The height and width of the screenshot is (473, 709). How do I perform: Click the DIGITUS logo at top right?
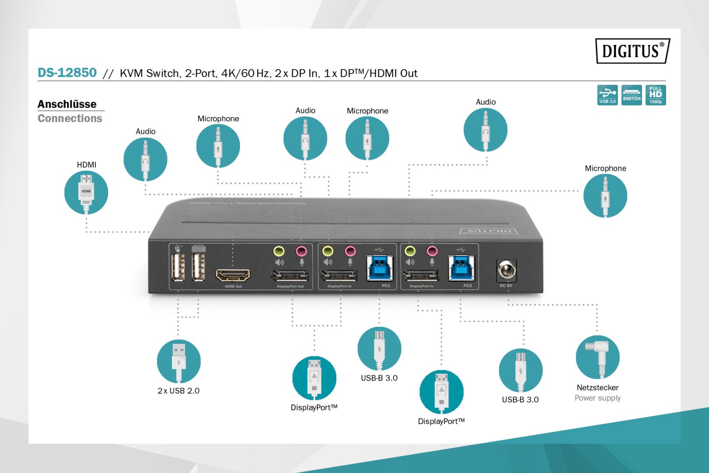(632, 51)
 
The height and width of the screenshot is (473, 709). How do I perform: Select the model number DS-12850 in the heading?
(67, 73)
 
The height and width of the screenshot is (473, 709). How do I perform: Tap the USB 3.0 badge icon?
(607, 95)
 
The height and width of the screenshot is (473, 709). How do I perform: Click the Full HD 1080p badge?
(655, 95)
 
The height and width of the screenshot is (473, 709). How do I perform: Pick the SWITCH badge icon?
(631, 95)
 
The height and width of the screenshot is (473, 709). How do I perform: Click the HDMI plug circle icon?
(86, 192)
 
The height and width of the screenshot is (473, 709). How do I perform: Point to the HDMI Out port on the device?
(233, 275)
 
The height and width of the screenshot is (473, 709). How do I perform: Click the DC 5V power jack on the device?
(506, 271)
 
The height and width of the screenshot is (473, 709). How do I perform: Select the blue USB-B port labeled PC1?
(379, 268)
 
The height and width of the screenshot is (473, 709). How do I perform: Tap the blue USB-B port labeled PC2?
(461, 268)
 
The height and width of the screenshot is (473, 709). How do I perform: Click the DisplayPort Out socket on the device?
(290, 276)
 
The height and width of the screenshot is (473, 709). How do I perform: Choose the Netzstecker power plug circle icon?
(597, 357)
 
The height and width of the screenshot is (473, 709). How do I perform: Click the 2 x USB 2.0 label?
(178, 391)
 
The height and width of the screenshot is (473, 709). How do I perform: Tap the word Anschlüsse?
(67, 104)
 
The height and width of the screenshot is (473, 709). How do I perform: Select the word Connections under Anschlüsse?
(70, 118)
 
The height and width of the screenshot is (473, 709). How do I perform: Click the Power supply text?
(597, 398)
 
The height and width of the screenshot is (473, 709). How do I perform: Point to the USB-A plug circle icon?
(179, 361)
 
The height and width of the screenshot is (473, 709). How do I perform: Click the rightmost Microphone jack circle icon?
(605, 195)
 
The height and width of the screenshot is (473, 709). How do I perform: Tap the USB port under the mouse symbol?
(178, 267)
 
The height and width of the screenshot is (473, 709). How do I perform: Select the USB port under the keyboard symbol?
(198, 267)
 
